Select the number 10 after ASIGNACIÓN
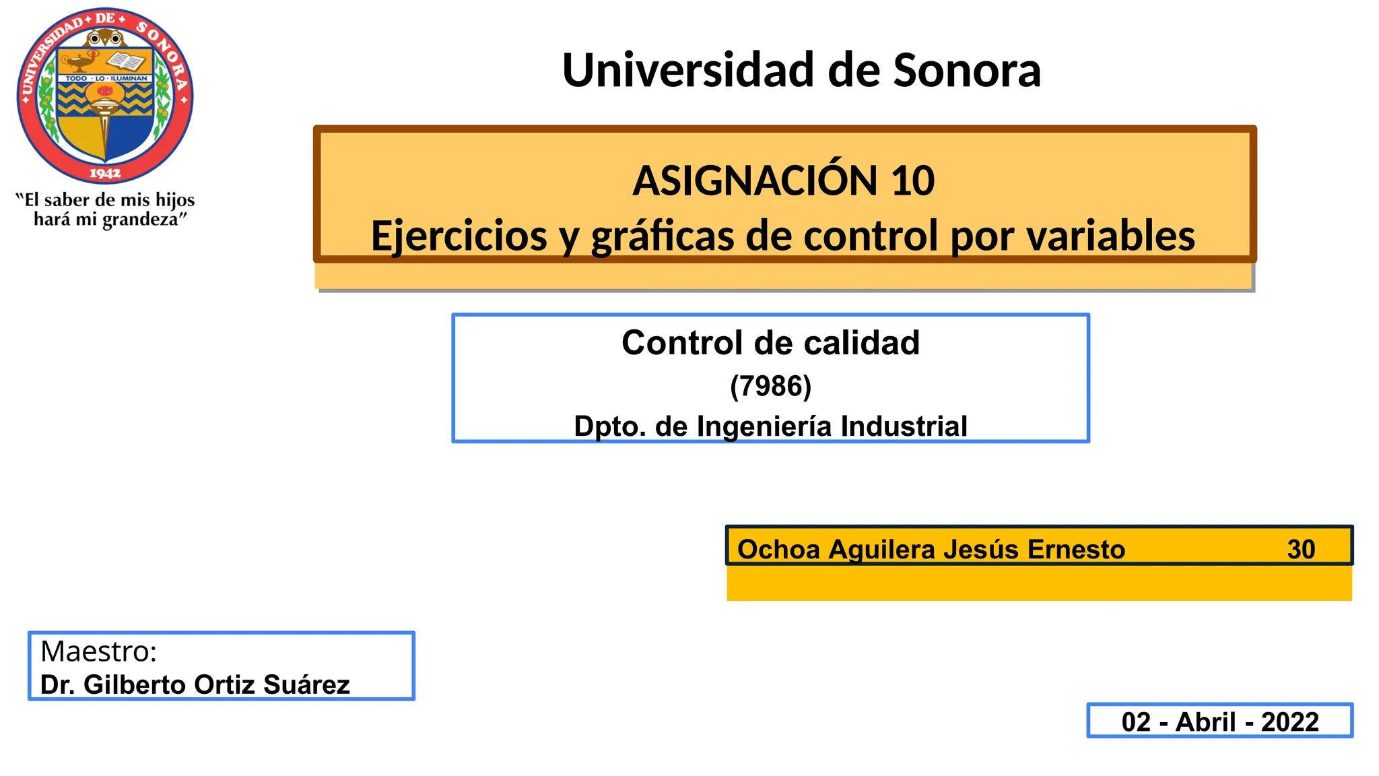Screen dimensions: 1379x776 tap(912, 181)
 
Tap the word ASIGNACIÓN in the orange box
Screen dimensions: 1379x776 tap(755, 181)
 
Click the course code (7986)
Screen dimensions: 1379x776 tap(770, 386)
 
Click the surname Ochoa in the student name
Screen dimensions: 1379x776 tap(778, 550)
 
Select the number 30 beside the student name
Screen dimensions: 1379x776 tap(1301, 550)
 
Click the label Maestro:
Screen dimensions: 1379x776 tap(98, 651)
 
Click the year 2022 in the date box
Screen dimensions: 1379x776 tap(1289, 722)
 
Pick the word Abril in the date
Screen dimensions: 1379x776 tap(1205, 722)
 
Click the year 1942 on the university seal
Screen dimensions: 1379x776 tap(105, 174)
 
